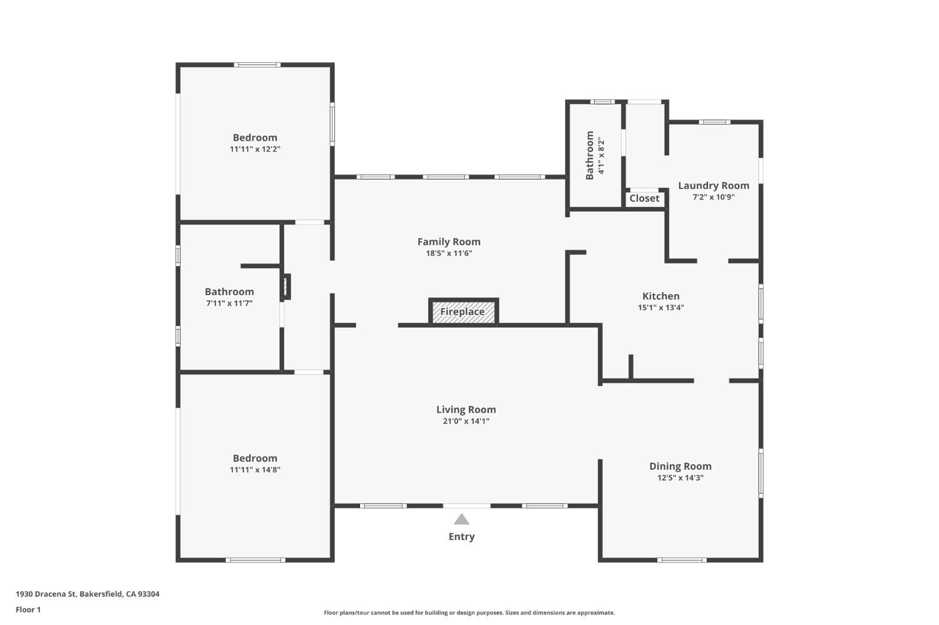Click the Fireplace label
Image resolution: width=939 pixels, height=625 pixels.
(462, 312)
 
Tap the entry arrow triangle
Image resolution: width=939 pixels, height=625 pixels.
(461, 519)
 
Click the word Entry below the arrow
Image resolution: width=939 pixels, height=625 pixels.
(461, 537)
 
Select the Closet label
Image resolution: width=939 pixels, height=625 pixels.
(644, 198)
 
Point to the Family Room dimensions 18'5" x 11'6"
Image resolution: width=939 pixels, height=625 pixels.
(449, 253)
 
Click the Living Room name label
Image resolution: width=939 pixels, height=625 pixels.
(466, 410)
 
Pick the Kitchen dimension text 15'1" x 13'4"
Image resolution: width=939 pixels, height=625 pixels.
(660, 308)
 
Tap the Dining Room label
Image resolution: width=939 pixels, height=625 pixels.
(680, 466)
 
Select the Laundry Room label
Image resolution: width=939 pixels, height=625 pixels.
(713, 186)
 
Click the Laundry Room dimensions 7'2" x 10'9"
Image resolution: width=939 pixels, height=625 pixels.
(713, 197)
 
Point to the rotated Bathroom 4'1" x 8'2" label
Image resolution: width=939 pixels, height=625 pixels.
(595, 155)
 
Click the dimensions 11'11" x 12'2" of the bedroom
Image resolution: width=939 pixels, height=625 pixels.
(255, 150)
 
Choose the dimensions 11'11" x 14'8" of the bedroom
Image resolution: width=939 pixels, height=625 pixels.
(255, 470)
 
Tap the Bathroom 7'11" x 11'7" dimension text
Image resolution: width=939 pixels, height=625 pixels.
(229, 303)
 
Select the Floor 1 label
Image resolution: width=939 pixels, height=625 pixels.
(28, 609)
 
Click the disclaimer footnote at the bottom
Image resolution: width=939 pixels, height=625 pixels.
(469, 613)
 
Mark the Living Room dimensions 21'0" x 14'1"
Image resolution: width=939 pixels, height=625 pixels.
(466, 422)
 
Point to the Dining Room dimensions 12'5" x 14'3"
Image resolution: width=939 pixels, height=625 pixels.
(680, 478)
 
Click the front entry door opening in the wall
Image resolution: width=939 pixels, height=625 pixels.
(466, 506)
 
